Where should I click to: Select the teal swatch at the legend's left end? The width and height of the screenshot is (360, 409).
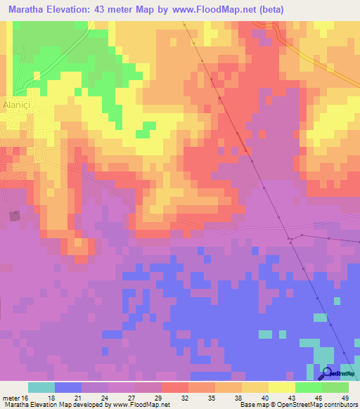[x=41, y=387]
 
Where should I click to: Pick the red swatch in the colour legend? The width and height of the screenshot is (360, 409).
[x=174, y=387]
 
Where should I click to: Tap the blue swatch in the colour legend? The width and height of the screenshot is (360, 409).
[x=68, y=387]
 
